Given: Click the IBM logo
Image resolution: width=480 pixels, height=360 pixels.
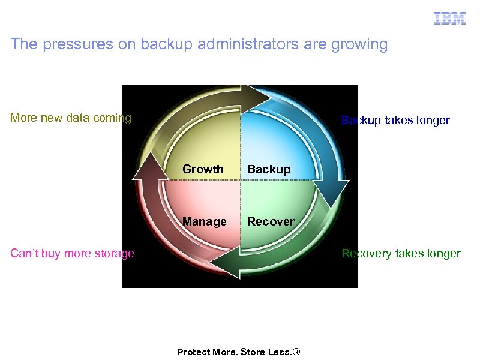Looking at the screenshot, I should pyautogui.click(x=450, y=19).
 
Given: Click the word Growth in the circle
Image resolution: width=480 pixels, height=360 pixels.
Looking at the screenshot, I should pyautogui.click(x=203, y=169).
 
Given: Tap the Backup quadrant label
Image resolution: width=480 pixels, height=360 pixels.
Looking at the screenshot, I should pyautogui.click(x=269, y=169).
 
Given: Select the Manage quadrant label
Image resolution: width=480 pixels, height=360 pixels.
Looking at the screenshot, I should pyautogui.click(x=205, y=221).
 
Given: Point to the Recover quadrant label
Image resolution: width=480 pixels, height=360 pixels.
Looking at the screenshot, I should pyautogui.click(x=271, y=221).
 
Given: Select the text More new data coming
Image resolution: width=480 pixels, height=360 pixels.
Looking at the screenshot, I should pyautogui.click(x=71, y=118).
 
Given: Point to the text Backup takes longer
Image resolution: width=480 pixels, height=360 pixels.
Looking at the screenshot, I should pyautogui.click(x=395, y=120).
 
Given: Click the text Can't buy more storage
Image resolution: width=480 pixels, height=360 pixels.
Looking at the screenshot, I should pyautogui.click(x=72, y=253).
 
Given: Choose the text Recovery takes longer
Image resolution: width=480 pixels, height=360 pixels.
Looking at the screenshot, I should pyautogui.click(x=401, y=253).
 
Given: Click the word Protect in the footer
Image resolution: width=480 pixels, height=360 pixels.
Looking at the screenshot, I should pyautogui.click(x=193, y=352).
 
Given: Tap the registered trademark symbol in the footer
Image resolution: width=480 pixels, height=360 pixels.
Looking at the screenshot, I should pyautogui.click(x=295, y=352).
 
